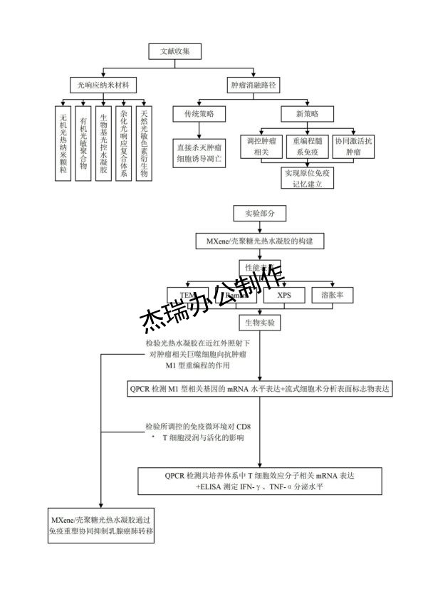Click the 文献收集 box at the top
point(175,51)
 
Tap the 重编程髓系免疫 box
point(308,147)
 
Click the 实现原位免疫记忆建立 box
point(308,178)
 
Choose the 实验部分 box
point(259,213)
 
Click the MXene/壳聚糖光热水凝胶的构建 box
point(259,241)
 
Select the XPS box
point(283,295)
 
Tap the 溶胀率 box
point(333,295)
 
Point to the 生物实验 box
point(260,323)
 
